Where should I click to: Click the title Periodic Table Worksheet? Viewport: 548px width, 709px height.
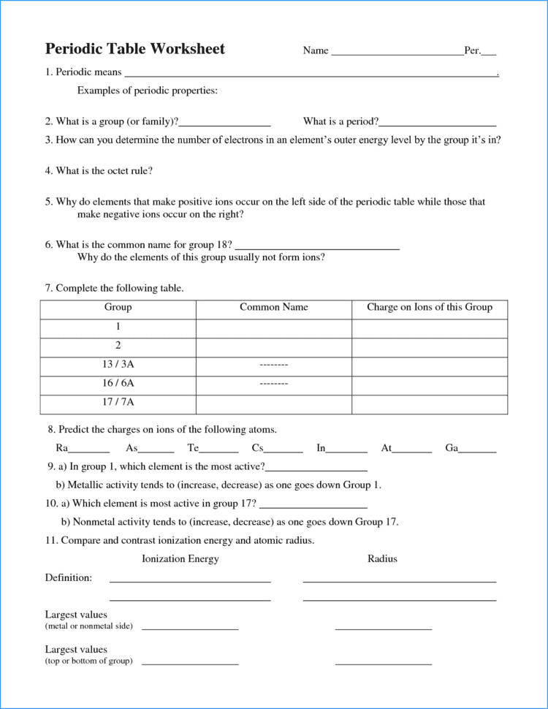tap(135, 49)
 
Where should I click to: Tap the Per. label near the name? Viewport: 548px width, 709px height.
tap(472, 51)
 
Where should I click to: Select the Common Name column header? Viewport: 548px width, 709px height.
tap(274, 308)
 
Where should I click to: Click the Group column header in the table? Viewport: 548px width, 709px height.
tap(118, 308)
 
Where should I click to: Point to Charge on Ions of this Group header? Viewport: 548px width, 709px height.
tap(430, 308)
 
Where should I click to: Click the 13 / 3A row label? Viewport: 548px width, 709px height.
tap(118, 364)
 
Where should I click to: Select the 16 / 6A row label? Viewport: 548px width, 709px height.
tap(118, 383)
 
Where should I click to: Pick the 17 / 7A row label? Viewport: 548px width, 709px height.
tap(118, 402)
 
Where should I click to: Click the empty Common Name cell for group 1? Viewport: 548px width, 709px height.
tap(274, 327)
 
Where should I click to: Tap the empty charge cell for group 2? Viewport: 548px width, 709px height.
tap(430, 346)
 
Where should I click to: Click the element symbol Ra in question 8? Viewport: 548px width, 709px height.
tap(62, 448)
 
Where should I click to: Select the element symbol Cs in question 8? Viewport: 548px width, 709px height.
tap(257, 448)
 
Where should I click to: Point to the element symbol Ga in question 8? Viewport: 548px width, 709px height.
tap(451, 448)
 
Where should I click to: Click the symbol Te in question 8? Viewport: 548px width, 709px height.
tap(193, 448)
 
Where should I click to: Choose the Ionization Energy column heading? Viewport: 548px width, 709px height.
tap(180, 559)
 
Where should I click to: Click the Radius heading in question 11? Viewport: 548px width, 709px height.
tap(382, 559)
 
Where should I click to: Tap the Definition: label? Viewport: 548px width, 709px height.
tap(69, 578)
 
